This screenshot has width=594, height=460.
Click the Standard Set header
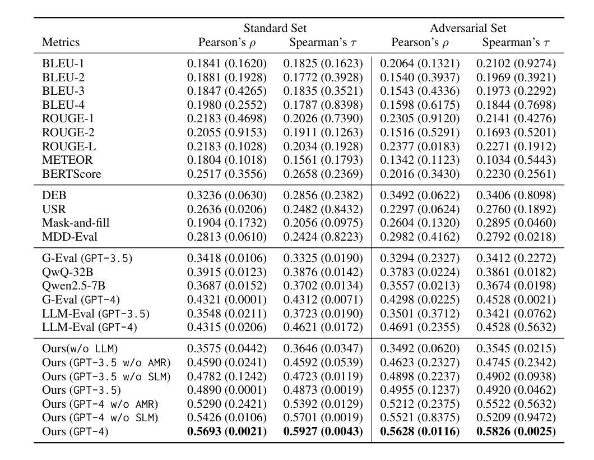pos(275,28)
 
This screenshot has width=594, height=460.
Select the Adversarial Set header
pos(468,28)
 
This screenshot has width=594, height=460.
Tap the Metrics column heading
pos(61,42)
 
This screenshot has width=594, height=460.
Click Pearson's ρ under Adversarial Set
pos(420,42)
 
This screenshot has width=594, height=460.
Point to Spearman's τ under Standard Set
pos(323,42)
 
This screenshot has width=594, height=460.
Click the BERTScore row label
pos(72,174)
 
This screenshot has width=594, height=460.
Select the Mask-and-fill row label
pos(76,223)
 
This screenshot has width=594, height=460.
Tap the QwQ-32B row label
pos(67,272)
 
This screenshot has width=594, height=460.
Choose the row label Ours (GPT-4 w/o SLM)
pos(100,417)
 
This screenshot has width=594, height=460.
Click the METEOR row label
pos(67,160)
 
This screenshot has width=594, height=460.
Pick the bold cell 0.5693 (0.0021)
pos(227,431)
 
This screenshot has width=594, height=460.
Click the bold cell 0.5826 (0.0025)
pos(516,431)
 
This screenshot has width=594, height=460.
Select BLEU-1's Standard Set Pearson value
pos(227,63)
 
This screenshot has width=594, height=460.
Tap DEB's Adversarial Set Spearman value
pos(516,195)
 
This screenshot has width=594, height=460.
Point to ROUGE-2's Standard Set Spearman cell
pos(323,132)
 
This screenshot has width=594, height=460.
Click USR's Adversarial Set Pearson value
pos(420,209)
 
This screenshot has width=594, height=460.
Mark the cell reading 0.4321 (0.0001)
pos(227,300)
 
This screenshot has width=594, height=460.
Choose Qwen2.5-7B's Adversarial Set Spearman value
pos(516,286)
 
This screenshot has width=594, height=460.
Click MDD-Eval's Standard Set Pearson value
pos(227,237)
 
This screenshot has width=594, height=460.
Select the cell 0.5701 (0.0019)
pos(323,417)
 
